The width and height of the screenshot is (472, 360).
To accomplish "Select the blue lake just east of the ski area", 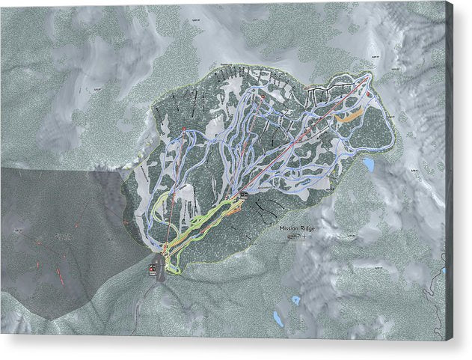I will (x=368, y=163).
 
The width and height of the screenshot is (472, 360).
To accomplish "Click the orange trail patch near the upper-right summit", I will (x=349, y=116).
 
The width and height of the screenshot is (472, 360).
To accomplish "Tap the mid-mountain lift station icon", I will (x=243, y=195).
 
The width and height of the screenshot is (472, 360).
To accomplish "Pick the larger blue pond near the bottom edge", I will (x=278, y=319).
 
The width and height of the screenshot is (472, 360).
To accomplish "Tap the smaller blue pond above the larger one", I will (x=296, y=299).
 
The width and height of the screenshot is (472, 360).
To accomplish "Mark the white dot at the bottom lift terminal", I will (x=165, y=245).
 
